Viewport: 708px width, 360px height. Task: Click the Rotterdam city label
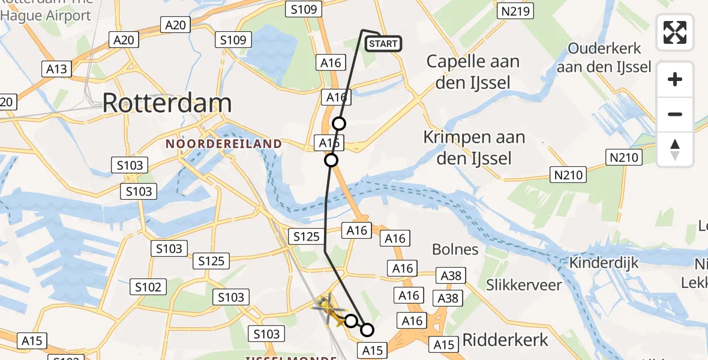tap(167, 103)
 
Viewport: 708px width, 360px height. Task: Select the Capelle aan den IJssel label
tap(473, 71)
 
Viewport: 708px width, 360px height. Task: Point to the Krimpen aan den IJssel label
tap(474, 148)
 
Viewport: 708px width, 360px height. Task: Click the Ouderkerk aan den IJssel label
tap(604, 58)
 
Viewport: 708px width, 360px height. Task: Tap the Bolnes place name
tap(455, 250)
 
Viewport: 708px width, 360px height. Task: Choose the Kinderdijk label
tap(604, 263)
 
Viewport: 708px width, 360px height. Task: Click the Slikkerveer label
tap(524, 284)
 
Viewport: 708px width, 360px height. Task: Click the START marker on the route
tap(383, 44)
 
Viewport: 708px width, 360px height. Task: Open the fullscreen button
tap(675, 32)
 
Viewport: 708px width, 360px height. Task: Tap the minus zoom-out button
tap(675, 114)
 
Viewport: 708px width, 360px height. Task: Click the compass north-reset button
tap(675, 149)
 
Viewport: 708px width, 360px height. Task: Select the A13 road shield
tap(57, 69)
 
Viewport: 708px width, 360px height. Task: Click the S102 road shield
tap(148, 287)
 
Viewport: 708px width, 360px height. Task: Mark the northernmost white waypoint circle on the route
tap(339, 124)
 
